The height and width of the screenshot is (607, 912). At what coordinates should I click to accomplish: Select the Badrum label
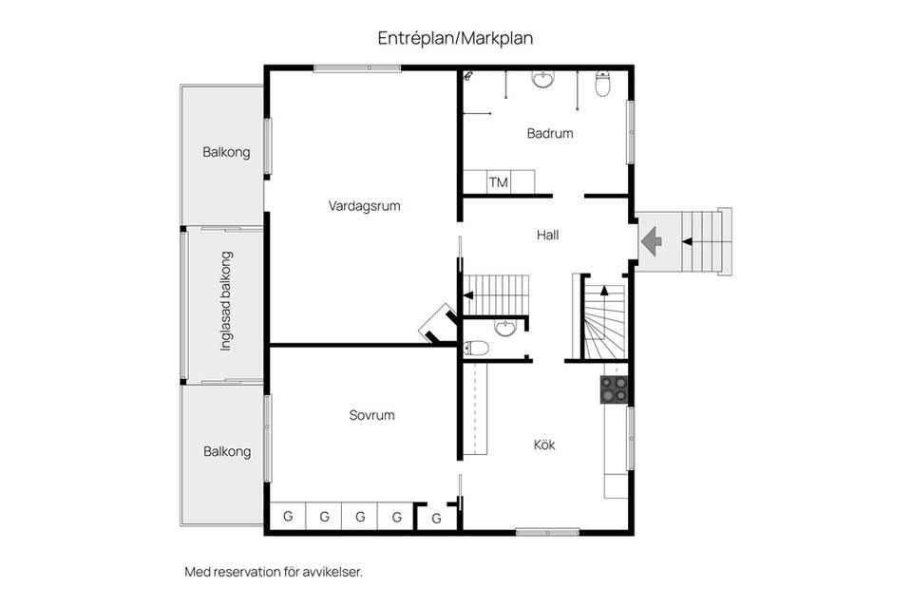[550, 134]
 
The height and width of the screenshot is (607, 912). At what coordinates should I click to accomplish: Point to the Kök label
[543, 444]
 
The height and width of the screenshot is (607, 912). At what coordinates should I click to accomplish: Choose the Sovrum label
[371, 415]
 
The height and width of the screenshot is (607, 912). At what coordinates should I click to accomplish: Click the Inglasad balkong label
[226, 301]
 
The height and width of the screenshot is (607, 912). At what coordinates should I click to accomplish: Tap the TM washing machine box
[498, 182]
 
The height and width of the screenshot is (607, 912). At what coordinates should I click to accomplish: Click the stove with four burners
[613, 389]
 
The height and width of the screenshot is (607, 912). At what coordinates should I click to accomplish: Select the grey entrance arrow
[651, 240]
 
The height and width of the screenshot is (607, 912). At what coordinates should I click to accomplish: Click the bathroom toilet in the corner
[602, 85]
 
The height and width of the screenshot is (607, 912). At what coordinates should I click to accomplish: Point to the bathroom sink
[542, 80]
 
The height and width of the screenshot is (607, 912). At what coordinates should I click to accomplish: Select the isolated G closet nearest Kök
[437, 518]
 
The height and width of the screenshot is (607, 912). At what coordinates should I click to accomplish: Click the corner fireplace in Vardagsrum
[438, 321]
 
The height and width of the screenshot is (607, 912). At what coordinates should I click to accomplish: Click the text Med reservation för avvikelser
[274, 572]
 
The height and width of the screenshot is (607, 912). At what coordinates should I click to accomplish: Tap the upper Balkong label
[226, 152]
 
